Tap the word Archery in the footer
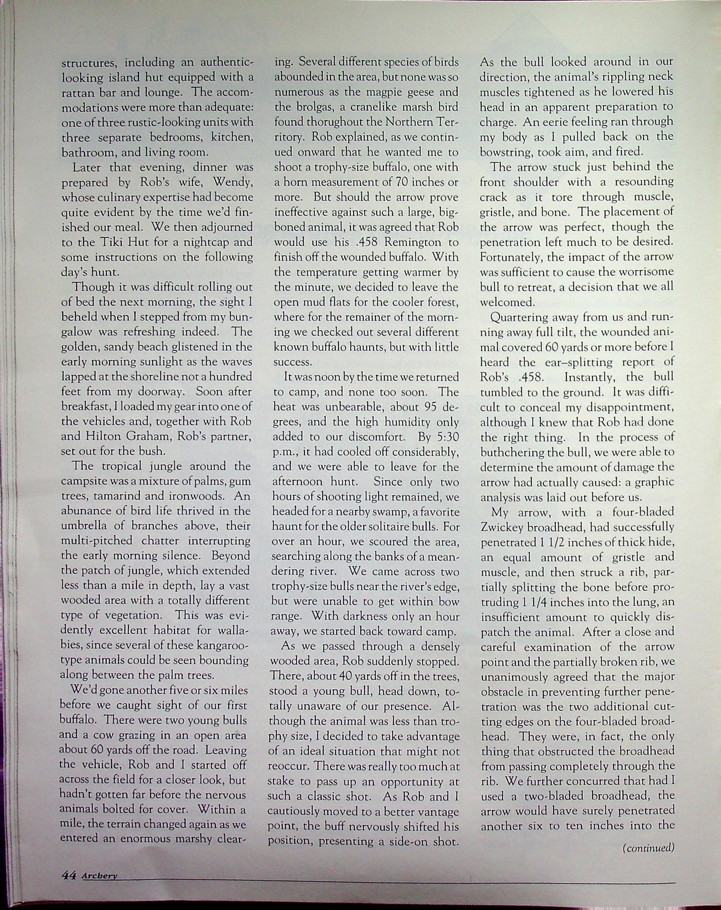[99, 876]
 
